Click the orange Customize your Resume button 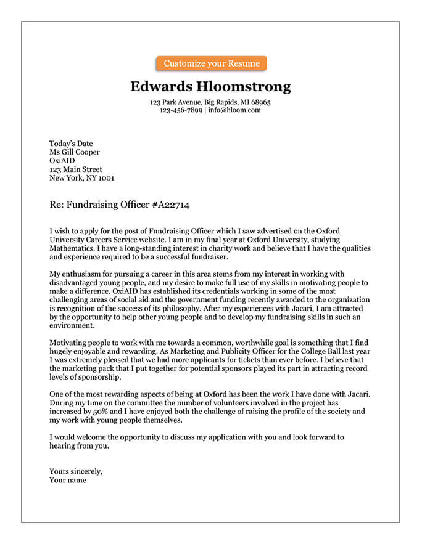click(211, 63)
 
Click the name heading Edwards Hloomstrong click(210, 86)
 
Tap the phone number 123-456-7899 click(181, 110)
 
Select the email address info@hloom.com click(234, 110)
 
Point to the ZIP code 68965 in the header click(260, 102)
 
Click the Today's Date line click(71, 144)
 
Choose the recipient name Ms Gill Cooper click(74, 152)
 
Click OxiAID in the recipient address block click(62, 161)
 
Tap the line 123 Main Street click(76, 169)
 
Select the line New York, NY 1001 click(81, 178)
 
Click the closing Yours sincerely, click(76, 472)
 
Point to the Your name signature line click(68, 480)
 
